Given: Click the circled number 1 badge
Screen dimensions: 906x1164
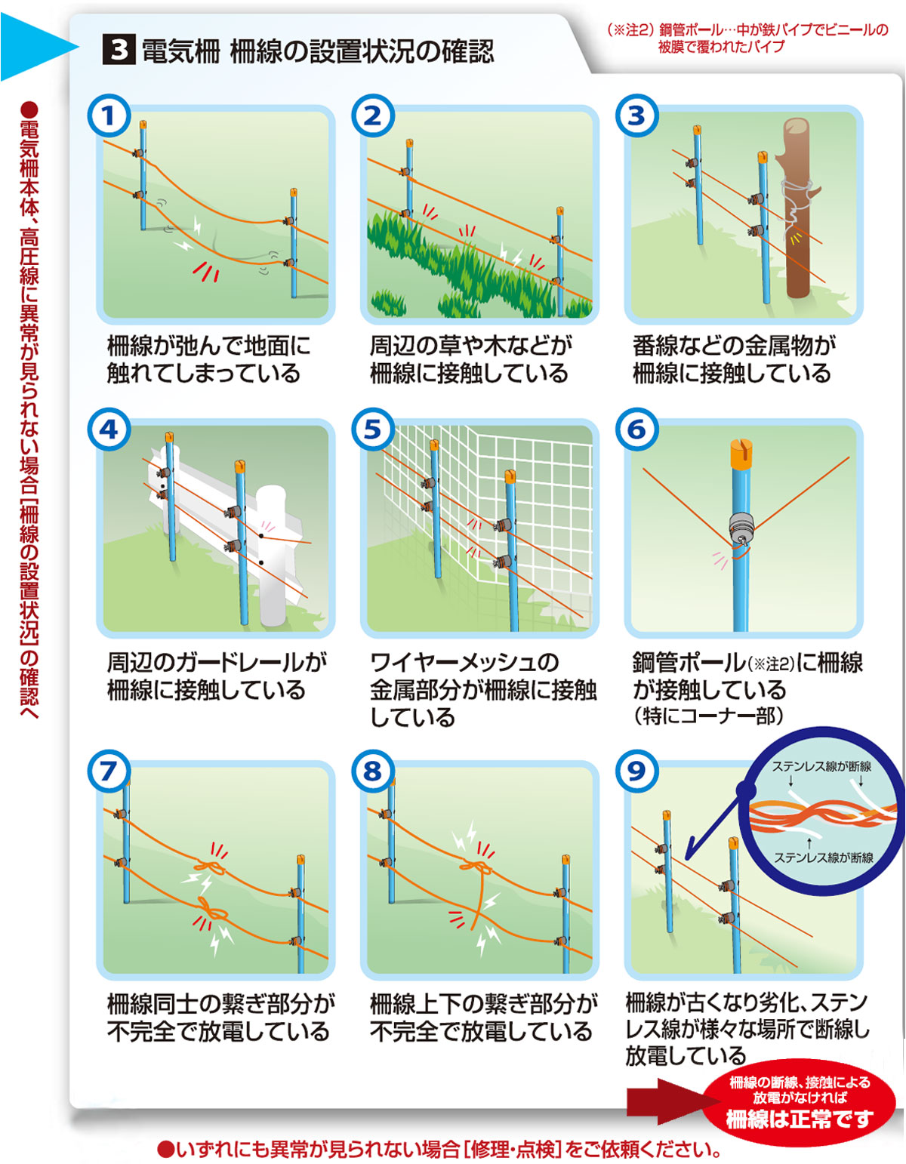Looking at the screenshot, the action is coord(109,115).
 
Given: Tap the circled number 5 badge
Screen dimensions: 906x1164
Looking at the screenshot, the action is coord(373,430).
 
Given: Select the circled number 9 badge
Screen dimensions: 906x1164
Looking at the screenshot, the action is coord(636,771).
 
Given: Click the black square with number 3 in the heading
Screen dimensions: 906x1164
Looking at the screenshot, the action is coord(119,50).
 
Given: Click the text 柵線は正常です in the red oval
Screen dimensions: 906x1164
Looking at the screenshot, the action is coord(799,1119).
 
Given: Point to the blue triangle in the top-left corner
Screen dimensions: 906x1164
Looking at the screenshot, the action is coord(38,47).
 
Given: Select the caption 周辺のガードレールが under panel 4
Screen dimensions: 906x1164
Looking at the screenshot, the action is coord(217,663).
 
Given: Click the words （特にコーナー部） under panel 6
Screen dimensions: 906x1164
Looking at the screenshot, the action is coord(708,716).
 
